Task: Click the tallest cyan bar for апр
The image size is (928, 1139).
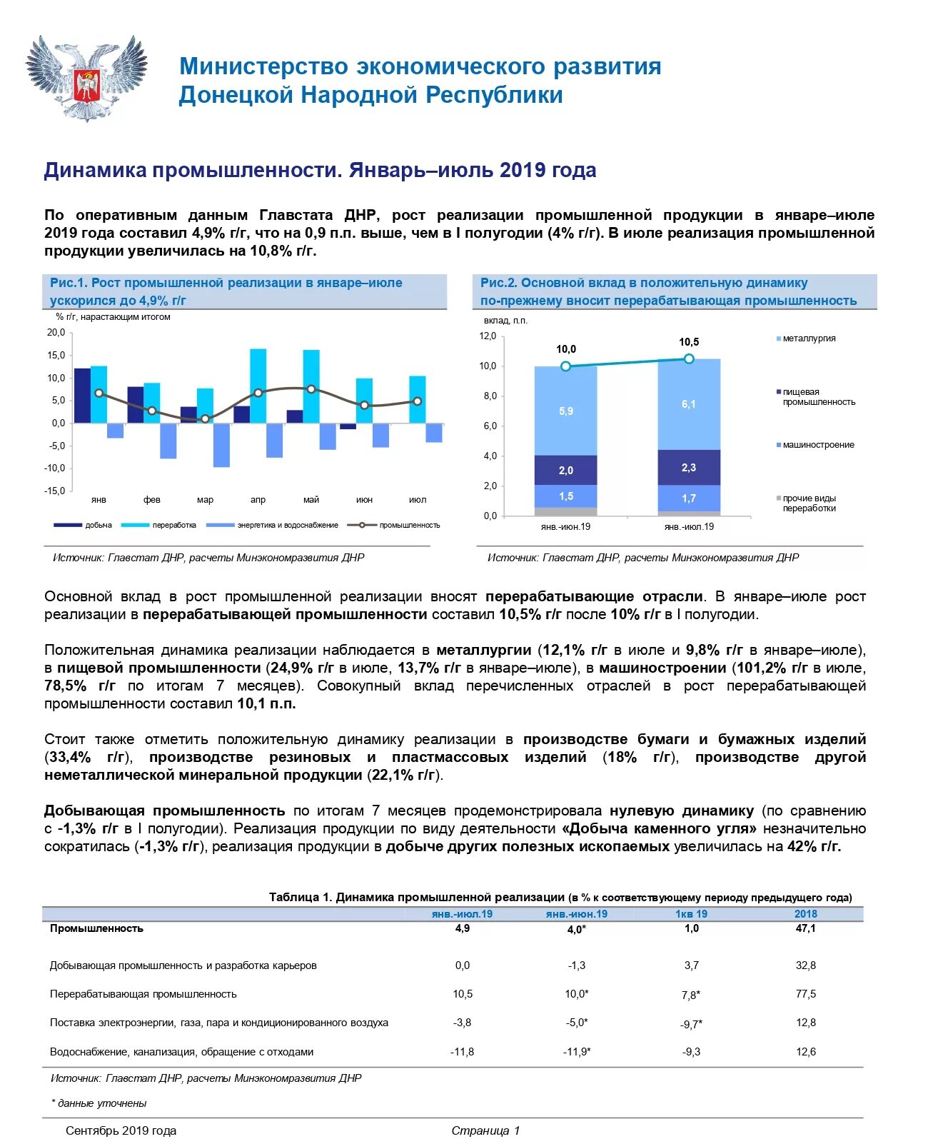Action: [x=258, y=386]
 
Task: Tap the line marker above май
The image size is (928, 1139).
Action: [x=311, y=389]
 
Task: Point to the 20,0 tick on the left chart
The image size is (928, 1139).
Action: [x=56, y=333]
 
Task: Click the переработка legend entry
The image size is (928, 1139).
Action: [x=173, y=526]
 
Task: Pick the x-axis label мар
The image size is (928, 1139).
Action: [x=205, y=500]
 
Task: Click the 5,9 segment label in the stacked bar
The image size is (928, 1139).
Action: [x=566, y=411]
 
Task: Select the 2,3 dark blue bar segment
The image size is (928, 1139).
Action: [x=689, y=468]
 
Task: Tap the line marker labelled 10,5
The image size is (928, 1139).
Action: [x=689, y=358]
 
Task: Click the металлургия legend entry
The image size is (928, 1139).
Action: [x=809, y=338]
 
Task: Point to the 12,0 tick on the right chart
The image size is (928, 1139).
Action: [x=488, y=336]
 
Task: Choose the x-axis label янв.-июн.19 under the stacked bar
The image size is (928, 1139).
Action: [x=565, y=527]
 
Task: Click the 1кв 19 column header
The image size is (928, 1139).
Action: [x=691, y=914]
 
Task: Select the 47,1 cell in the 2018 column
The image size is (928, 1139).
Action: [x=806, y=928]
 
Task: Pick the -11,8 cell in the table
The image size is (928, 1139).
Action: [x=462, y=1052]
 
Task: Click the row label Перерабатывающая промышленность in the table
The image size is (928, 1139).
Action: [x=143, y=994]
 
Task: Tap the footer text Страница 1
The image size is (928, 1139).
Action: [x=485, y=1130]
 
